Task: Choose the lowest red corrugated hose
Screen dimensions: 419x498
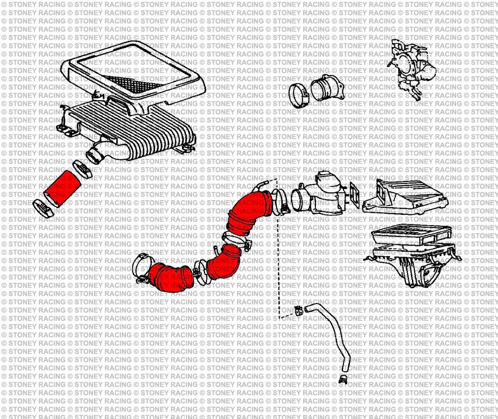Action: [x=170, y=278]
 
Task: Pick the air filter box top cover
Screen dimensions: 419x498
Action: [x=404, y=197]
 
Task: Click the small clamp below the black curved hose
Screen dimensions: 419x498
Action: [x=343, y=379]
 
